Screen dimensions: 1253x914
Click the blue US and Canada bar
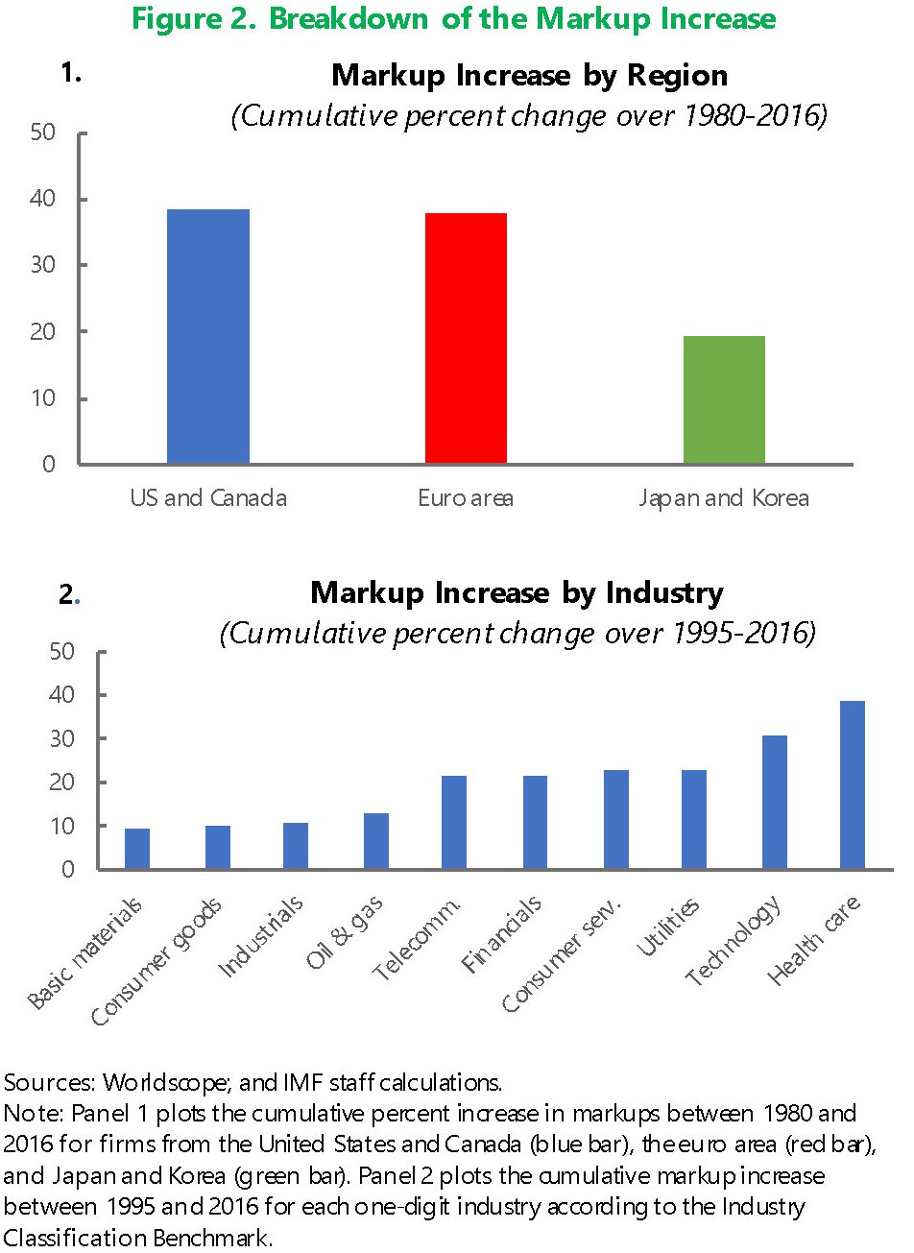208,336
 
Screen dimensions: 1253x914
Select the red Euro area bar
466,338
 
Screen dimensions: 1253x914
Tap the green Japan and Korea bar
724,399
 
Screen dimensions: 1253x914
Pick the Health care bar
852,784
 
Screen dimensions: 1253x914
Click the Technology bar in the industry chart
774,802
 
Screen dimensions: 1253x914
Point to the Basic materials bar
137,849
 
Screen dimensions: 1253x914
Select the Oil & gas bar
375,841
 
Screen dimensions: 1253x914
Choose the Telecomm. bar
453,822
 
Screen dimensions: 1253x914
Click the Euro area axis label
466,498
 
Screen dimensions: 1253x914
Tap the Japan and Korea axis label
724,498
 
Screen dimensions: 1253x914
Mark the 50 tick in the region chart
43,133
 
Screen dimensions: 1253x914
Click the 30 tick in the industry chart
61,738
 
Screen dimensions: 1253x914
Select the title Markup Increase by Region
529,75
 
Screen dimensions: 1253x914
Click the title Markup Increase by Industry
517,592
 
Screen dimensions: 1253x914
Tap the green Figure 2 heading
453,19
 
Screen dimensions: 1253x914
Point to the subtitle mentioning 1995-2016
517,634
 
